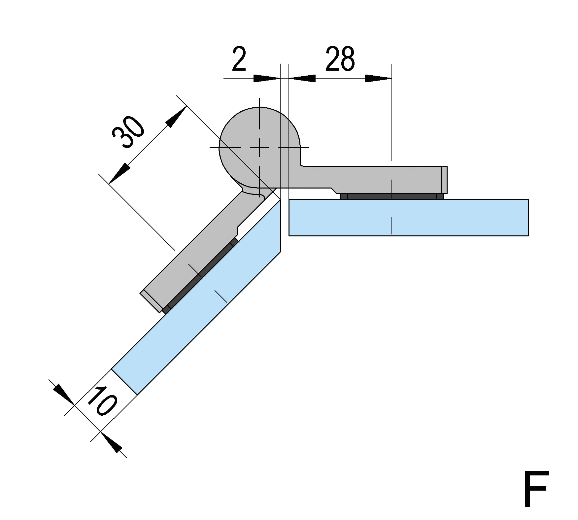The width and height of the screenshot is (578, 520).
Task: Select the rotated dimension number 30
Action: pos(128,132)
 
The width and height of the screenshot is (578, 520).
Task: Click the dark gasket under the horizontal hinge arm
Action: pos(392,196)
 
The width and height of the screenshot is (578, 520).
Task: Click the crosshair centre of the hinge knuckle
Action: pos(260,147)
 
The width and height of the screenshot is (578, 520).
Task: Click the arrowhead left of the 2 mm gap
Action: pos(267,79)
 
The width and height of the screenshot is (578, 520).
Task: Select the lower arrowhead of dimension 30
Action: pos(119,173)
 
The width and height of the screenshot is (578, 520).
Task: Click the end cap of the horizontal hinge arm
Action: pos(445,180)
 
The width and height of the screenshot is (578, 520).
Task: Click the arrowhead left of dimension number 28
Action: pos(302,79)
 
